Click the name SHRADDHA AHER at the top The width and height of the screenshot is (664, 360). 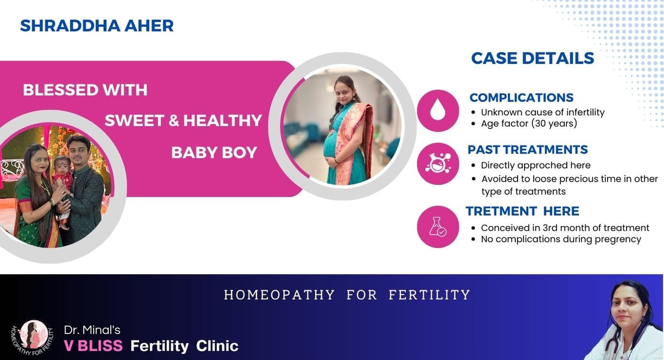[97, 26]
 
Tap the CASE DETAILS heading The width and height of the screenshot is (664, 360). [533, 58]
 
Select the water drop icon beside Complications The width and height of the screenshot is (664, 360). [438, 111]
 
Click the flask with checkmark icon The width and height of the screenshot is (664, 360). [438, 227]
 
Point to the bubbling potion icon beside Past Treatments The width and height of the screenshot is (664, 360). [438, 164]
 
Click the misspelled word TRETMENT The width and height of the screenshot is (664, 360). [501, 211]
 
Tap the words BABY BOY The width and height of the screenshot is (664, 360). [214, 153]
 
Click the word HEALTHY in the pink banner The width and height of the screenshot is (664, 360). [222, 120]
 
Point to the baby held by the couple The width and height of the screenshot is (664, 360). [62, 181]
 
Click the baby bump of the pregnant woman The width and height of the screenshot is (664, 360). [333, 147]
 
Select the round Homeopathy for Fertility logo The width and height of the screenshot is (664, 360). [33, 337]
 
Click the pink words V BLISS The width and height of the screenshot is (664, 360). [93, 346]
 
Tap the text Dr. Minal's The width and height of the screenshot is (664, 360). [92, 330]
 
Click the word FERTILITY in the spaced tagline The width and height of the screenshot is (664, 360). [429, 295]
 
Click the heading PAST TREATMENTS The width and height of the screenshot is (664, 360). [528, 150]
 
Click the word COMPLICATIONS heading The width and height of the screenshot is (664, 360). [521, 98]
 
